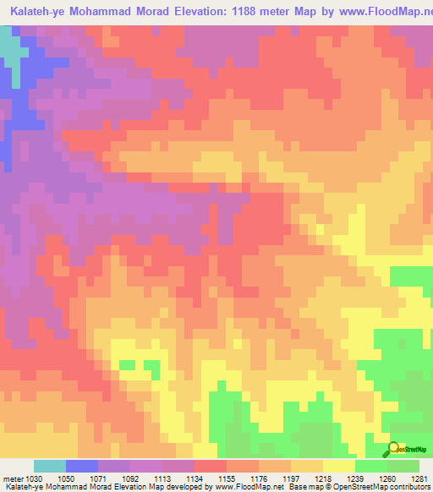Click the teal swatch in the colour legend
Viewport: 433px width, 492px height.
coord(50,466)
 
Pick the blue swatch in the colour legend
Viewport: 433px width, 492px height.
coord(82,466)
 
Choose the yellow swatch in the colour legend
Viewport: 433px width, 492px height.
coord(339,466)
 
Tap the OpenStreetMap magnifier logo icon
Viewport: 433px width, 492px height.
coord(394,449)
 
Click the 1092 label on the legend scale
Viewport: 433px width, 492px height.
coord(130,478)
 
